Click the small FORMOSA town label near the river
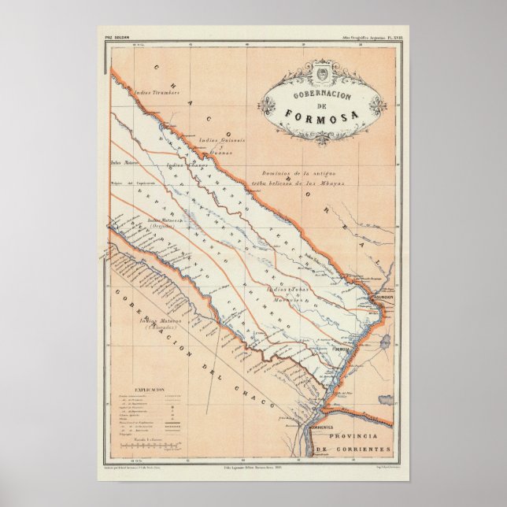coord(340,346)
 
